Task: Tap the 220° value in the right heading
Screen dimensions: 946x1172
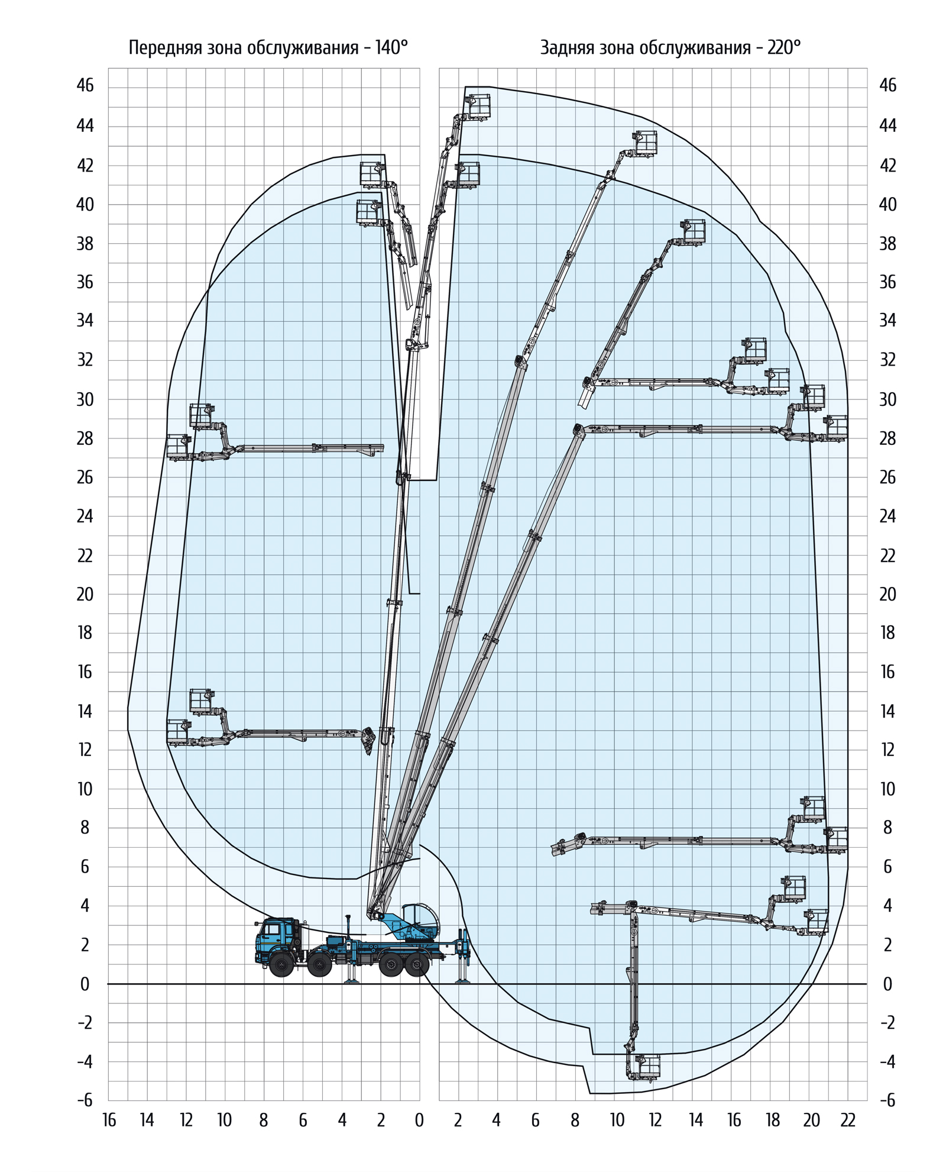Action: [x=784, y=47]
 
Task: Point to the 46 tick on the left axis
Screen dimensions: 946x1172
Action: [x=85, y=86]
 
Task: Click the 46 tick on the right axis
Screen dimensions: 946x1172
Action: [x=887, y=86]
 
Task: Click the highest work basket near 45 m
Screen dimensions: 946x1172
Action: [x=479, y=107]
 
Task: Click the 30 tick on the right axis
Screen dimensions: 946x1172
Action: [x=887, y=400]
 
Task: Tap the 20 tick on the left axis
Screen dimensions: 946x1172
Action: [x=85, y=594]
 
